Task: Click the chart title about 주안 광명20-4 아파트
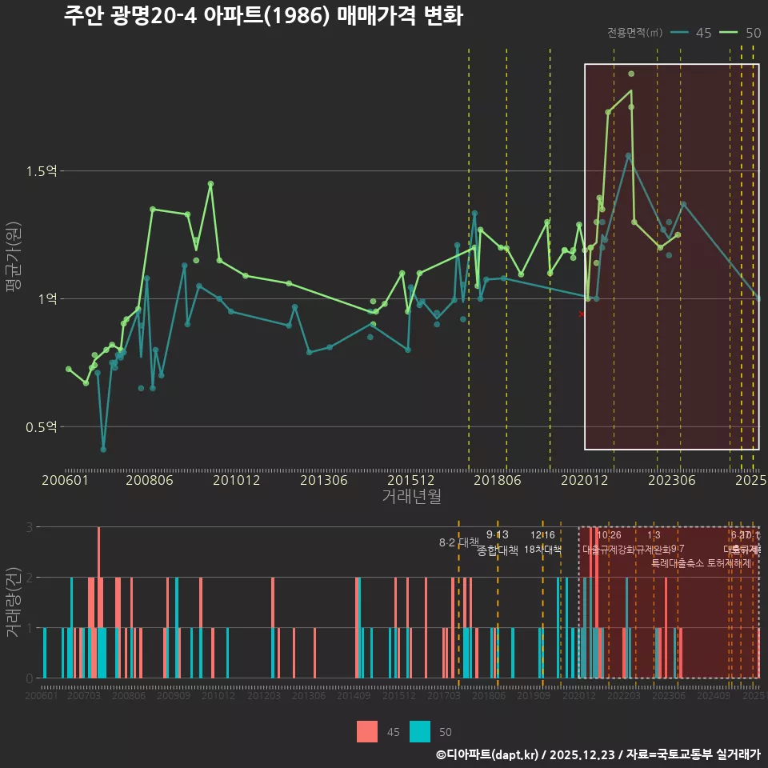tap(263, 16)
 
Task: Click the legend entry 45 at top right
tap(692, 33)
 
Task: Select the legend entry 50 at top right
tap(741, 33)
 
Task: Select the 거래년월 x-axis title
tap(411, 496)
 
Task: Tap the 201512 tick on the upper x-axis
tap(410, 480)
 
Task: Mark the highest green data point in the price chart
tap(631, 74)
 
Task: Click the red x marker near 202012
tap(582, 314)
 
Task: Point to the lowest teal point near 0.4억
tap(103, 450)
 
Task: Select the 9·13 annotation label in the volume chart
tap(497, 535)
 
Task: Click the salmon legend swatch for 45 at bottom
tap(367, 731)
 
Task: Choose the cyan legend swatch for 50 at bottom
tap(420, 731)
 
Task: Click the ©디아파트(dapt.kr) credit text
tap(489, 754)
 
